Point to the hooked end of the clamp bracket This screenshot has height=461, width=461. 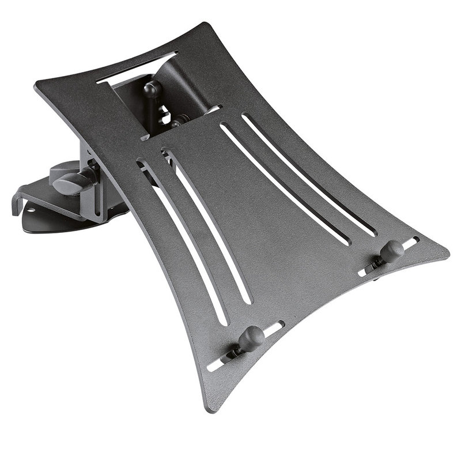click(16, 205)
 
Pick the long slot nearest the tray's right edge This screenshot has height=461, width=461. click(308, 173)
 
